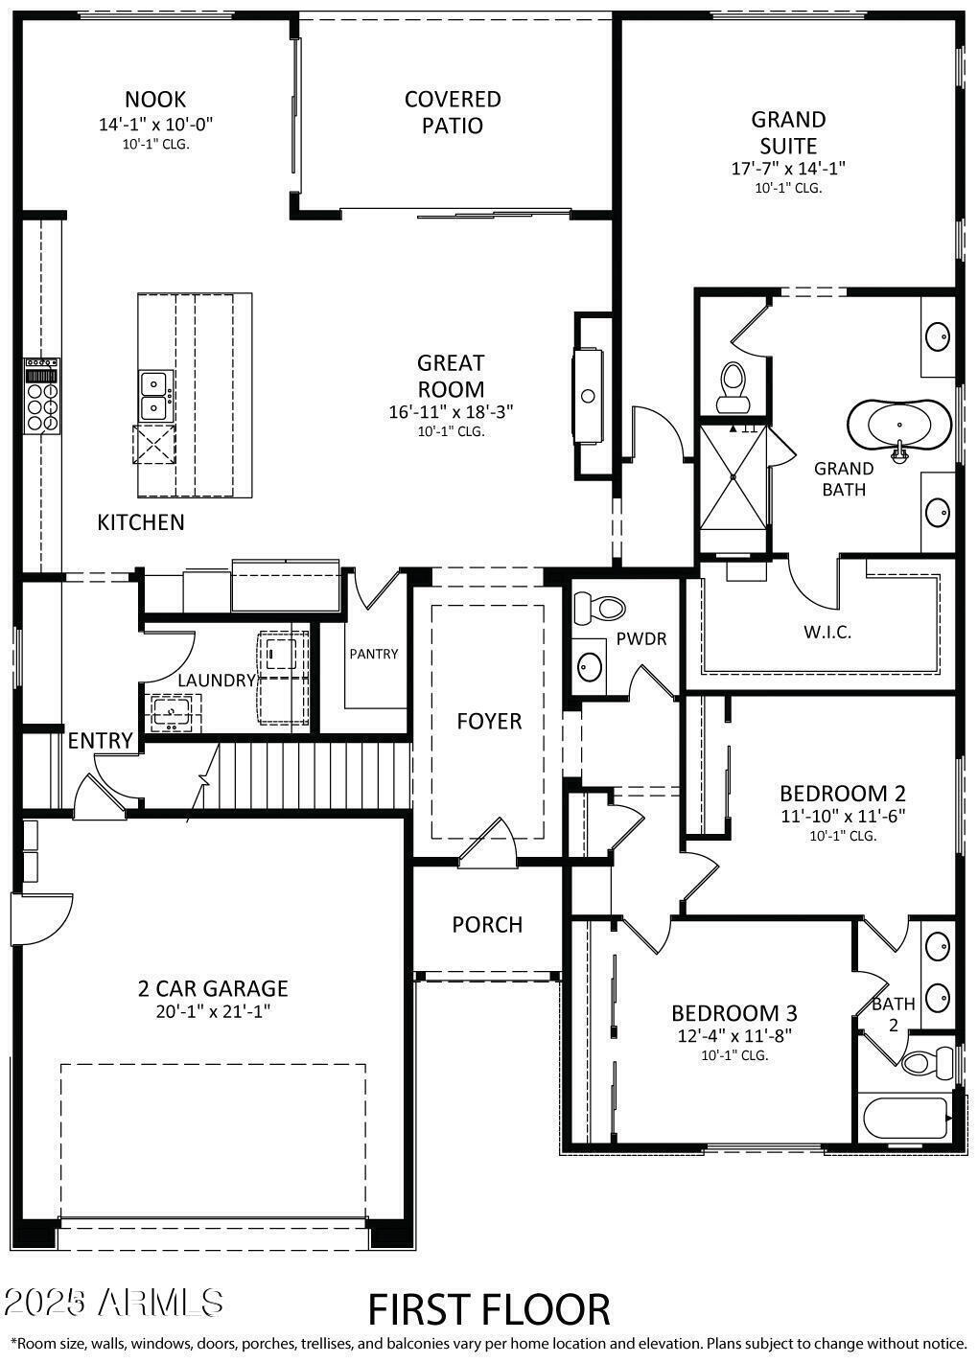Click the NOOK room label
tap(155, 99)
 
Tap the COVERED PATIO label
tap(453, 112)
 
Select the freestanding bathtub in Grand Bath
tap(898, 425)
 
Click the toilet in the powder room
tap(599, 607)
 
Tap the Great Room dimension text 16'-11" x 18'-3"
tap(451, 412)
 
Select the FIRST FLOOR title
tap(489, 1309)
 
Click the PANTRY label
tap(373, 654)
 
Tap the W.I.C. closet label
tap(827, 633)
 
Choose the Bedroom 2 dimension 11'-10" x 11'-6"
tap(842, 816)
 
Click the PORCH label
tap(487, 925)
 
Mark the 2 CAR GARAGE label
tap(213, 988)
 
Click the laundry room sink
tap(174, 711)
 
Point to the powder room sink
tap(591, 664)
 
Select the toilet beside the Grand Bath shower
tap(734, 379)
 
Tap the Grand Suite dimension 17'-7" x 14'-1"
tap(788, 168)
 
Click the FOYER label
tap(489, 721)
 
